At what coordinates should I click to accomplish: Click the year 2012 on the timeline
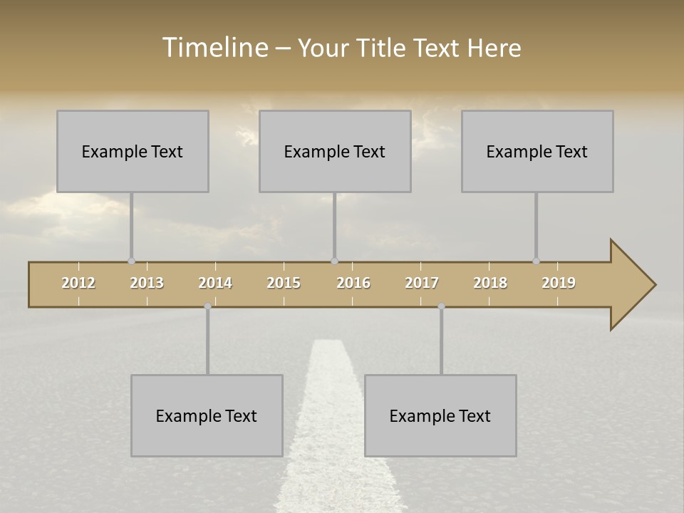pos(78,283)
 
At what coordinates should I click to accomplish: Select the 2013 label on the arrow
pos(147,283)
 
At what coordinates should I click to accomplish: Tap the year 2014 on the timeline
pos(215,283)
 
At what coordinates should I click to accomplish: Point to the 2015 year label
pos(284,283)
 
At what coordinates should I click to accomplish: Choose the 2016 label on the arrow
pos(353,283)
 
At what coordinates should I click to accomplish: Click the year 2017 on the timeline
pos(422,283)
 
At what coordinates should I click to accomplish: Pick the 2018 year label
pos(490,283)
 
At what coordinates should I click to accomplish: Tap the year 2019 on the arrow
pos(559,283)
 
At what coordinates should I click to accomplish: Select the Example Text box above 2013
pos(133,151)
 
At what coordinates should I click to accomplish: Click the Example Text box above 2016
pos(335,151)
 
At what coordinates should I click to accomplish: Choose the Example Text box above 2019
pos(537,151)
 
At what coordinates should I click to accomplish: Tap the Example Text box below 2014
pos(207,415)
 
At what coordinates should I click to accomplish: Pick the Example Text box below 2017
pos(440,415)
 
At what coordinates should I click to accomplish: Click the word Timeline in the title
pos(214,48)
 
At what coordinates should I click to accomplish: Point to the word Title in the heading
pos(383,48)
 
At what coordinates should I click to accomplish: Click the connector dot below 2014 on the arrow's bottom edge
pos(207,306)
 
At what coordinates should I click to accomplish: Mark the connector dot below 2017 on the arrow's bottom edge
pos(441,306)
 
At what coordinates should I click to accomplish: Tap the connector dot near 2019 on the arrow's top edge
pos(537,261)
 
